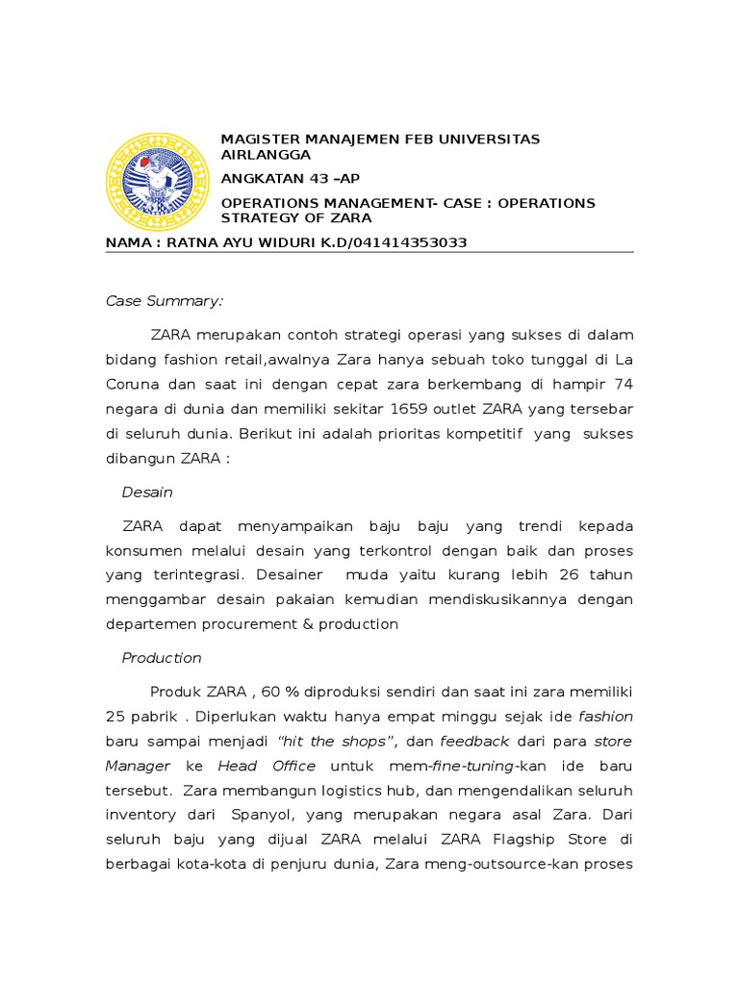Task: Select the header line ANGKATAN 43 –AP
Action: (291, 179)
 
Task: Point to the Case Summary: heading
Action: (165, 301)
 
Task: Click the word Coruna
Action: (134, 384)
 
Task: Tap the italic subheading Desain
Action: (147, 492)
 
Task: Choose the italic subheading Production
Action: (162, 658)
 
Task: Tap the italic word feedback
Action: (474, 742)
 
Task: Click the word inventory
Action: (140, 815)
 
